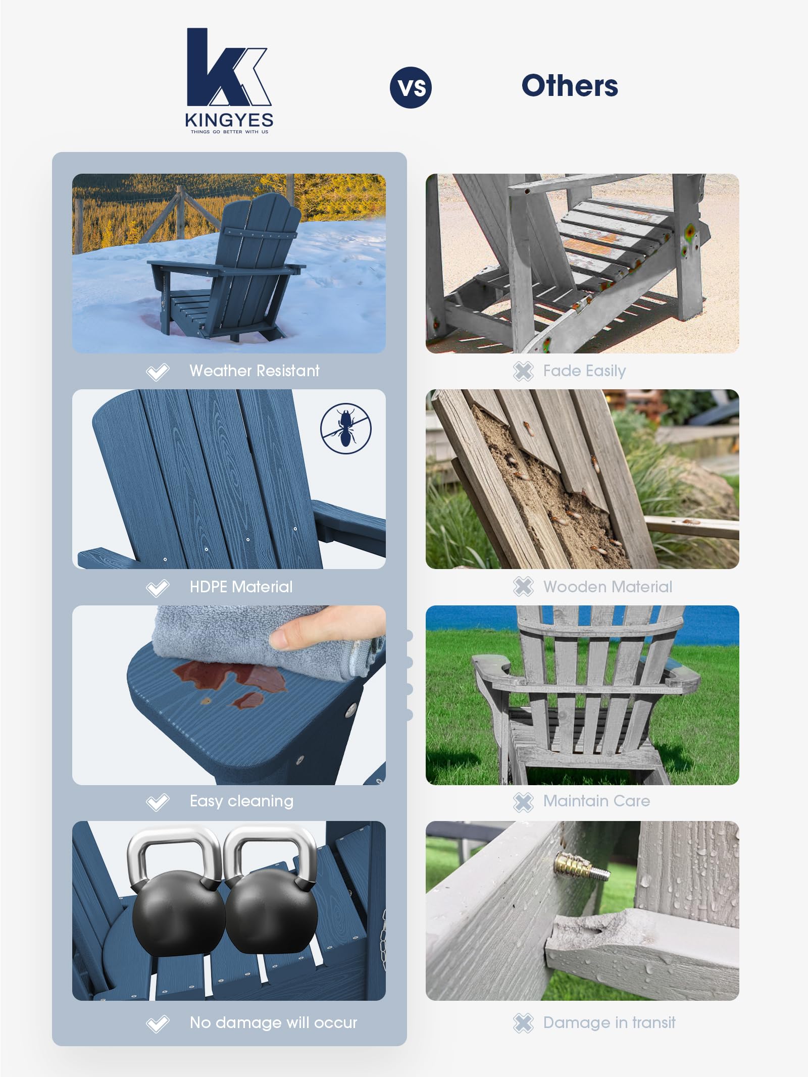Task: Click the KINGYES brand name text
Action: pos(229,120)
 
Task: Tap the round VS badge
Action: pos(411,87)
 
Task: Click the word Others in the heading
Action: pos(569,86)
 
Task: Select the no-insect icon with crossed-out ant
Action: pos(346,428)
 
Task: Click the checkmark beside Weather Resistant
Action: pos(158,372)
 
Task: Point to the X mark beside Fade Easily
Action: pos(523,371)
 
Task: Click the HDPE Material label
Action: pos(241,587)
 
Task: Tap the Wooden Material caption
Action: pos(608,587)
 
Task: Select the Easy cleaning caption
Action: pos(241,801)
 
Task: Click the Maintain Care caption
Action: pos(596,801)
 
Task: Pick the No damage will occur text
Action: pos(273,1022)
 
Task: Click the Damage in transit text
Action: pos(609,1022)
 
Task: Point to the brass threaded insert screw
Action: pos(575,865)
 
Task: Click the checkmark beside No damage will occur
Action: pos(158,1023)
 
